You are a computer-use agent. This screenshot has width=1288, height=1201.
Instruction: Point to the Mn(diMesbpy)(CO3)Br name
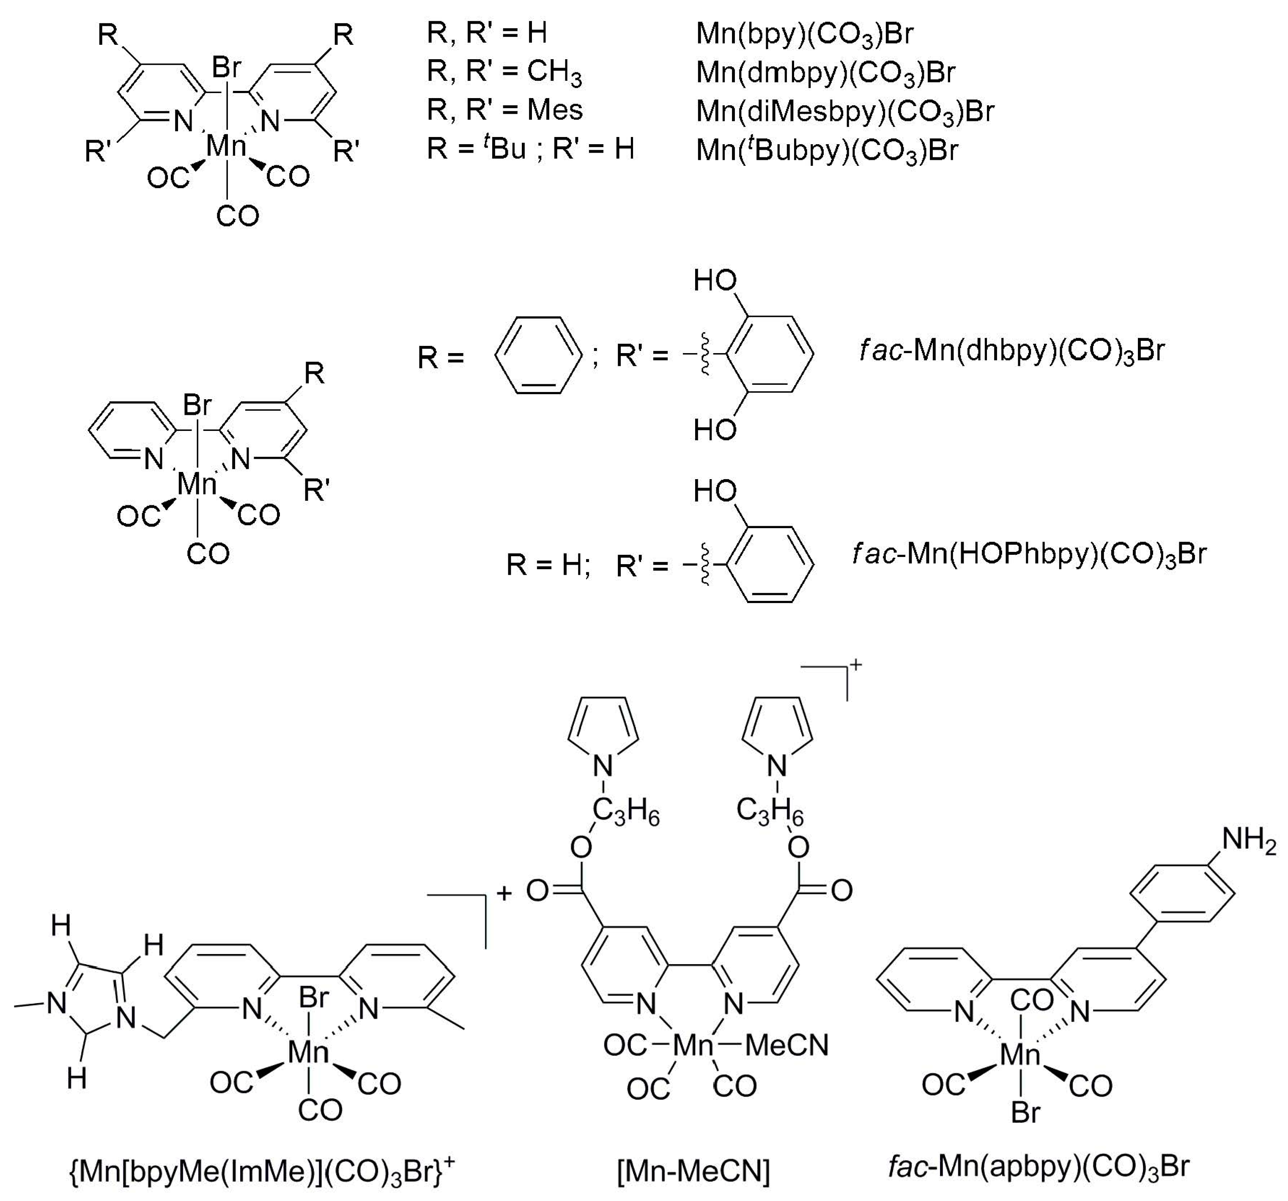(844, 111)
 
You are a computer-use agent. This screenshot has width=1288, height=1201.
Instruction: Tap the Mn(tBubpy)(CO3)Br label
(826, 150)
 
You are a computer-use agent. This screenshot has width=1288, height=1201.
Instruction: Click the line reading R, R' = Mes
(505, 110)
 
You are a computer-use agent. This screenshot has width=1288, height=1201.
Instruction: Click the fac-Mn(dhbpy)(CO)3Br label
(1012, 351)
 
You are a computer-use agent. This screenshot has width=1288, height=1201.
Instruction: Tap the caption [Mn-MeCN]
(693, 1171)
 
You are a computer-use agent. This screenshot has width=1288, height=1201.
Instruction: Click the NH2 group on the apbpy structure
(1249, 840)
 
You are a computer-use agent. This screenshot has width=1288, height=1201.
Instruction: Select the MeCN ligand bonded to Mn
(787, 1045)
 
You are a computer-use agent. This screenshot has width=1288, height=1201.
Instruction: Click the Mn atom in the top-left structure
(226, 146)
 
